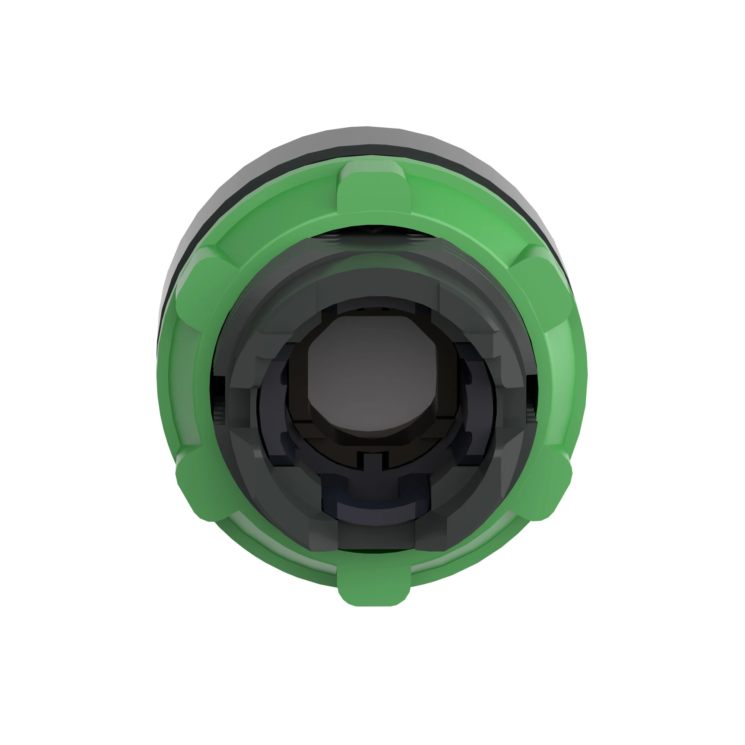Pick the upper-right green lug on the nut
tap(543, 285)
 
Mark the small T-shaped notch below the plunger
tap(372, 461)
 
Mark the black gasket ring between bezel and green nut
tap(370, 150)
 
